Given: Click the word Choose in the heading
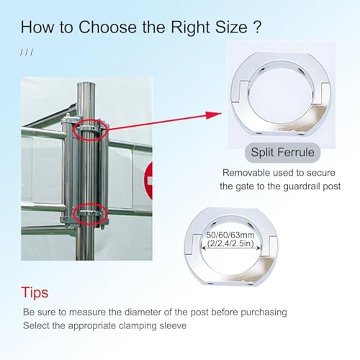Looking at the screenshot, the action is [108, 27].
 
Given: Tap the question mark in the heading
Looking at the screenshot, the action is [257, 27].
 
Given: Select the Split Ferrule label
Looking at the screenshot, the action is [282, 152].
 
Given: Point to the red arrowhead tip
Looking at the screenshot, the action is [221, 113].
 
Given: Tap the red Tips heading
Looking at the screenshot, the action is [35, 293].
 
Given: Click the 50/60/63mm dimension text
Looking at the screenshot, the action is [230, 235].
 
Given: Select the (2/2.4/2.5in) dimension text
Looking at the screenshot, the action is [230, 243].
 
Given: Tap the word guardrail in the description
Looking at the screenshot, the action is [302, 186].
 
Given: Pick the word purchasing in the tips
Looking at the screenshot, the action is [264, 312].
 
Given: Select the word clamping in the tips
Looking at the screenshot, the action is [135, 326].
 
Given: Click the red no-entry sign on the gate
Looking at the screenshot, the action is [148, 181].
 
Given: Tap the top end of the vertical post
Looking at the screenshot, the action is [86, 84].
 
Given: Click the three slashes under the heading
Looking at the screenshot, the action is [27, 53].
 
